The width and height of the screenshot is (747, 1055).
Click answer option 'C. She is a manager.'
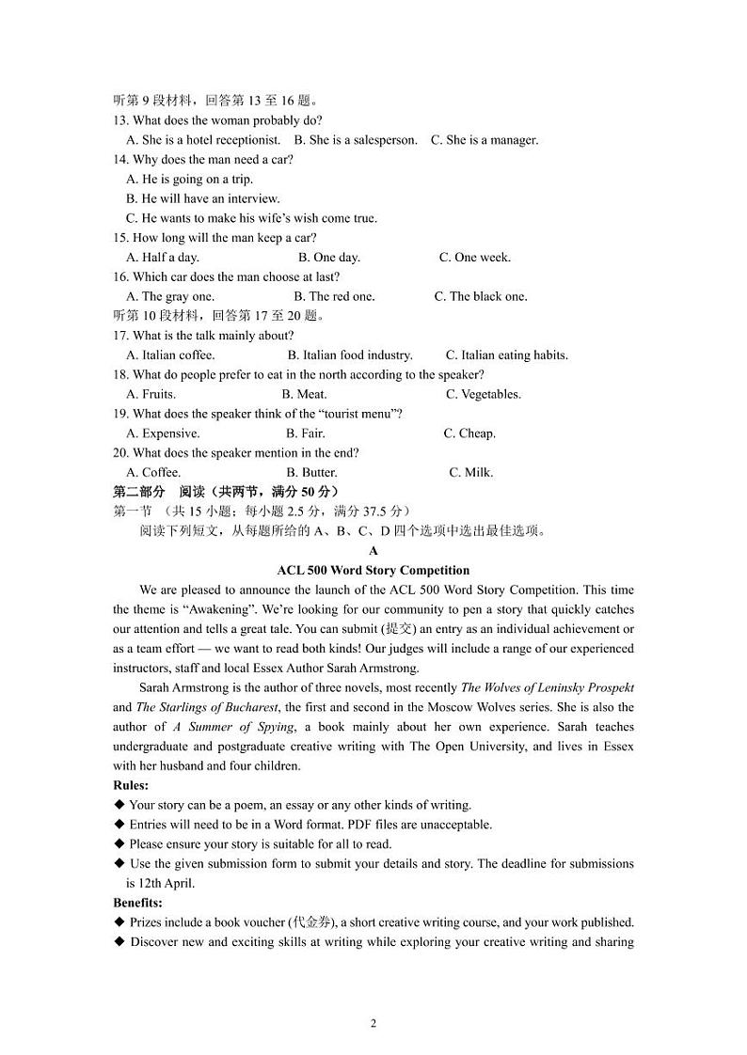pos(485,140)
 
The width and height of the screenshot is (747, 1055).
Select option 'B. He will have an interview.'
pos(202,198)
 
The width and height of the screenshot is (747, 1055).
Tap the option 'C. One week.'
pos(475,257)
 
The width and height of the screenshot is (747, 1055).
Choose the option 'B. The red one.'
pos(335,296)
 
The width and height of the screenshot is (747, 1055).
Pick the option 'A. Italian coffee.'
pos(170,354)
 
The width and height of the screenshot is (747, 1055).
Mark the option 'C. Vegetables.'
pos(484,394)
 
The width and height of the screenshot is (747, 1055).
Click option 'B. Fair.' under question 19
pos(305,433)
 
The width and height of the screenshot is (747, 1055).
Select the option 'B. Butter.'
pos(311,472)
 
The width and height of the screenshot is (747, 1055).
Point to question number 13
pos(120,120)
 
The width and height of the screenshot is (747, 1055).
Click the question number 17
pos(120,336)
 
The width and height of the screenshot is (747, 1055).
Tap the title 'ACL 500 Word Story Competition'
pos(373,570)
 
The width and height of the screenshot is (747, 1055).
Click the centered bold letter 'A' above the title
pos(373,551)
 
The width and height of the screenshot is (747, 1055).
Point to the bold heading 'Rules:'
pos(131,785)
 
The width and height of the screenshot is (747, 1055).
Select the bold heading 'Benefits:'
pos(137,903)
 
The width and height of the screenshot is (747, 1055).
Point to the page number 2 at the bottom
pos(373,1023)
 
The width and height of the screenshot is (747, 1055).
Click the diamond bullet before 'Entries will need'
pos(119,825)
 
